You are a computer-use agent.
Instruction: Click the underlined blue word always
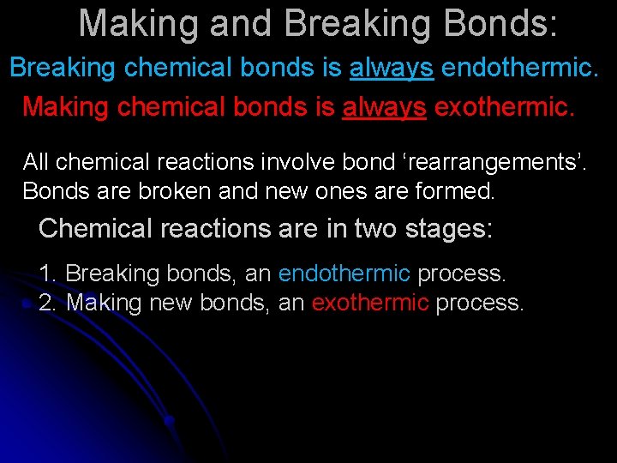click(391, 68)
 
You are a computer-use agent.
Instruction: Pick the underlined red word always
click(384, 107)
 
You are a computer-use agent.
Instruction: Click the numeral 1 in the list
click(46, 274)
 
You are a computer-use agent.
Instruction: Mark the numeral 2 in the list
click(47, 303)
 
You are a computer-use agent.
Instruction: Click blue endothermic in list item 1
click(344, 274)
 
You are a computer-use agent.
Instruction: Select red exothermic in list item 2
click(369, 303)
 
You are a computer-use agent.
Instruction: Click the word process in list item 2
click(479, 303)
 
